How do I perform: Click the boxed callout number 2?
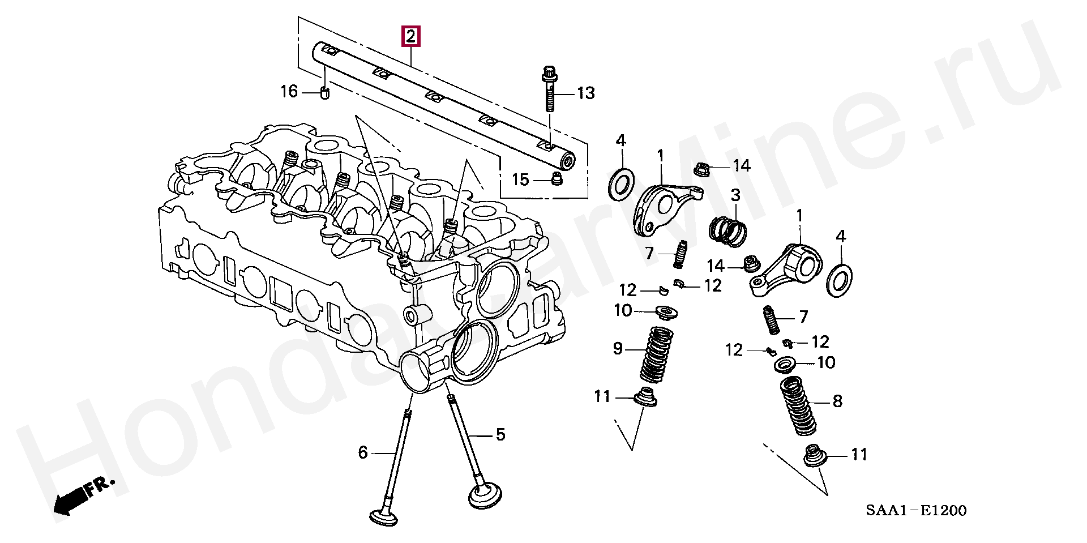pyautogui.click(x=410, y=37)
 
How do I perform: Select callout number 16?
pyautogui.click(x=289, y=91)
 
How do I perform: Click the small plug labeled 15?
pyautogui.click(x=557, y=180)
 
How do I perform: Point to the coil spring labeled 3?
pyautogui.click(x=728, y=232)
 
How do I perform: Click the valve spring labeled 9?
pyautogui.click(x=657, y=354)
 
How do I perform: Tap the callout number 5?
pyautogui.click(x=500, y=435)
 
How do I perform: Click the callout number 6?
pyautogui.click(x=363, y=452)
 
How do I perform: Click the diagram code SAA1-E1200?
pyautogui.click(x=915, y=511)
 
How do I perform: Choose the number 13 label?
pyautogui.click(x=586, y=93)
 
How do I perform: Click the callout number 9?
pyautogui.click(x=618, y=348)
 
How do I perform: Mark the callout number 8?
pyautogui.click(x=837, y=402)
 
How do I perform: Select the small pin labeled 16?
pyautogui.click(x=325, y=92)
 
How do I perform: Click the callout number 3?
pyautogui.click(x=735, y=196)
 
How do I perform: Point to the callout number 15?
pyautogui.click(x=520, y=180)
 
